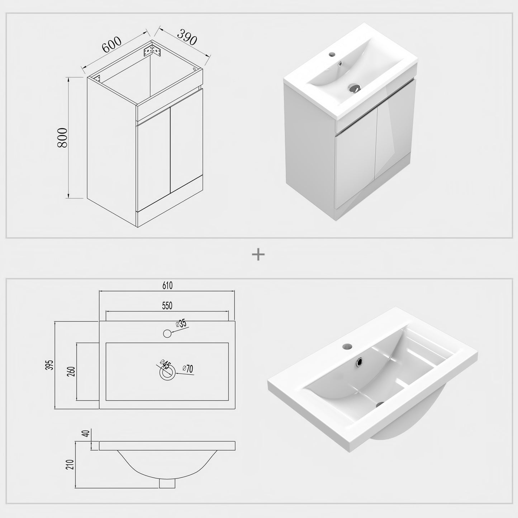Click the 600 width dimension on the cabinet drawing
111,44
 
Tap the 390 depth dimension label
187,37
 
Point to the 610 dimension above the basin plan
167,285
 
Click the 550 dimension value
167,306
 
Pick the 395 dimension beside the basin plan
49,365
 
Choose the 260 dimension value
71,371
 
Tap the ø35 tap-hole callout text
181,323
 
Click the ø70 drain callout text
187,369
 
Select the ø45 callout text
165,364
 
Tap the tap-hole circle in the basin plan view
167,333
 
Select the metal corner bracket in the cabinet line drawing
152,51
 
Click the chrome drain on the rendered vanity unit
354,88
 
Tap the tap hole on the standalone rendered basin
347,346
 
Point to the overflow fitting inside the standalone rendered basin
359,362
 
